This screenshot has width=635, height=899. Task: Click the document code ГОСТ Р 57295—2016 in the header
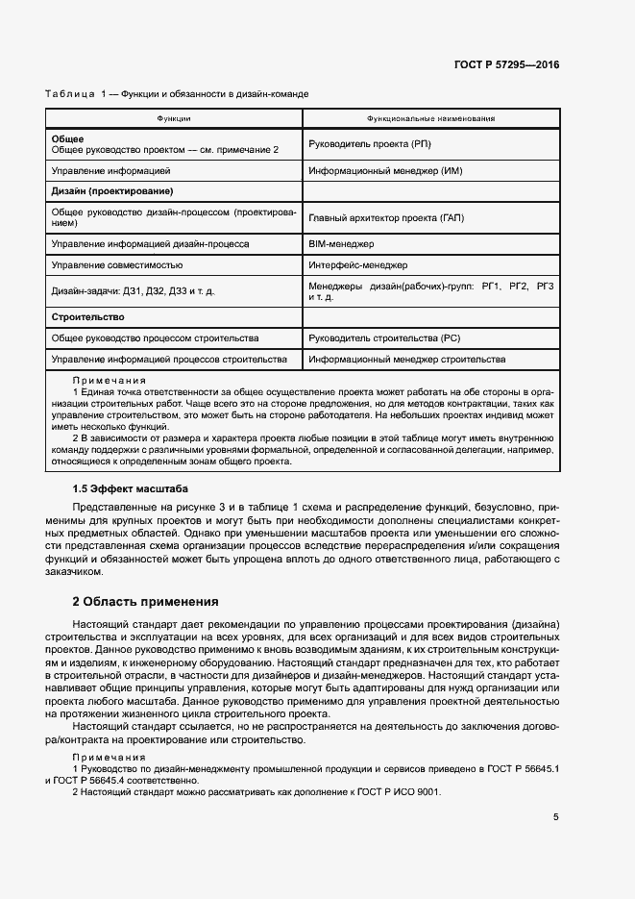coord(506,65)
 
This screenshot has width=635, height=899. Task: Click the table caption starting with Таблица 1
coord(177,93)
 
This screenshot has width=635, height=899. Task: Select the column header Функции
coord(174,119)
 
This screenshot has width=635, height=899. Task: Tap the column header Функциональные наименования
coord(430,119)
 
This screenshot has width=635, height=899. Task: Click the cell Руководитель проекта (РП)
coord(370,144)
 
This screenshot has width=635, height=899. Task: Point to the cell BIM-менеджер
coord(342,244)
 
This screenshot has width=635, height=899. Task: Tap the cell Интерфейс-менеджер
coord(358,264)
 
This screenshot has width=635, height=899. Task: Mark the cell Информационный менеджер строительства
coord(407,360)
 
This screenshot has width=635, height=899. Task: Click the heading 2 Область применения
coord(145,602)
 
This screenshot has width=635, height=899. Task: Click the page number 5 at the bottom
coord(555,817)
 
